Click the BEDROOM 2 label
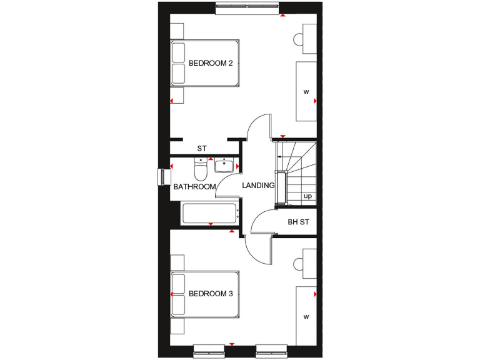(x=211, y=63)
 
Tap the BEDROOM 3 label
(x=211, y=293)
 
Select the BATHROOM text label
(x=194, y=186)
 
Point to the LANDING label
(x=259, y=186)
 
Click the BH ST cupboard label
(x=298, y=221)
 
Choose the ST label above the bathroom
(x=201, y=149)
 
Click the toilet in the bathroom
(x=201, y=169)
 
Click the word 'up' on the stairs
(x=307, y=196)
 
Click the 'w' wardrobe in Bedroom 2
(x=306, y=92)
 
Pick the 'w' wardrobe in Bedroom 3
(x=306, y=316)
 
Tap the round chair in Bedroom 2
(x=297, y=39)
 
